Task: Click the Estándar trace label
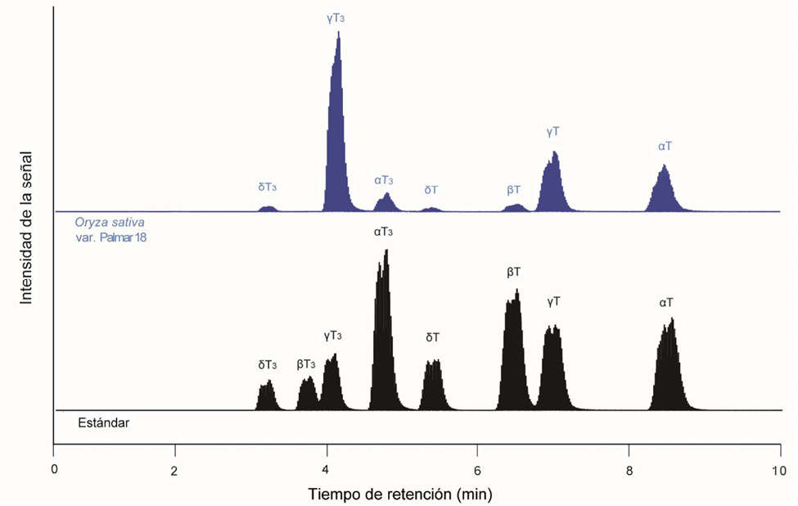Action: click(x=104, y=423)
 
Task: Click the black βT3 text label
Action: click(x=305, y=364)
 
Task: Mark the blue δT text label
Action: click(x=431, y=190)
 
